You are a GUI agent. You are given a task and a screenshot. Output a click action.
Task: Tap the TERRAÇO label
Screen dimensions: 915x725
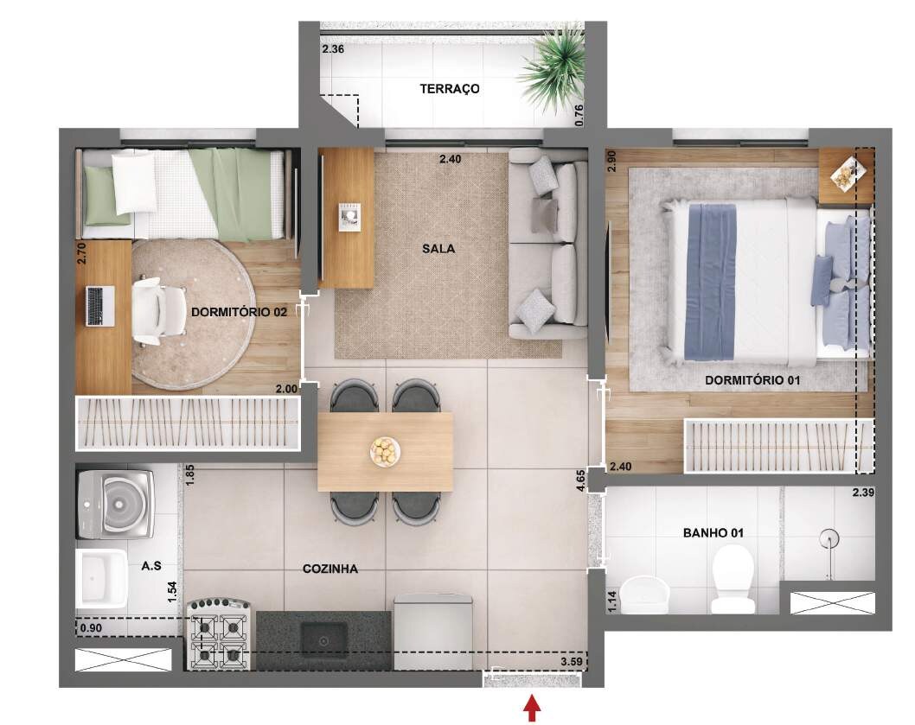pos(450,89)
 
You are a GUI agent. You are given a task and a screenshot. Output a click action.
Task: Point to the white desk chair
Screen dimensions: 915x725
pos(155,310)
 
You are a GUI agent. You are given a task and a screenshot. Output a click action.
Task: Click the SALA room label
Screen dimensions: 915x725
pos(438,249)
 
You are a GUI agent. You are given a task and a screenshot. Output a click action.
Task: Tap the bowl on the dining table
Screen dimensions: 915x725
pos(385,451)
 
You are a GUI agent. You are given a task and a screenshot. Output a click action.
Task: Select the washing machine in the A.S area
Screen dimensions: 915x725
pos(116,505)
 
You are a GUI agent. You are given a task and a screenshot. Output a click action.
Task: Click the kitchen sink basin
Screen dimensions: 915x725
pos(323,640)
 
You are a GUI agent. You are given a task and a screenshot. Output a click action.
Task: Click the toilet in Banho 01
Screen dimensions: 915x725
pos(733,578)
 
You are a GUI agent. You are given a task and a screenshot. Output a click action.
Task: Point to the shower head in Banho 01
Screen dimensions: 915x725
pos(829,537)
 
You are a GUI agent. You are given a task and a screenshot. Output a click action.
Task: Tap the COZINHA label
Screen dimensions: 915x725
pos(330,569)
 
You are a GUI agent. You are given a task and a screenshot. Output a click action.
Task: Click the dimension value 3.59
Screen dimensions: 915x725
pos(572,661)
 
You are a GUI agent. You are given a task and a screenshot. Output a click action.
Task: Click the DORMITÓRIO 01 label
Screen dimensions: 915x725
pos(752,380)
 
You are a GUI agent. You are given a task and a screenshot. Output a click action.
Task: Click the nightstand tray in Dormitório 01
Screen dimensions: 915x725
pos(847,173)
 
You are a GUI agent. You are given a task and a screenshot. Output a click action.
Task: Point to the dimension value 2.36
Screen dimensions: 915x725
pos(333,49)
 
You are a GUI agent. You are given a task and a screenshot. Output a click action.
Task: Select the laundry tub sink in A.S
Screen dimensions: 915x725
pos(101,577)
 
